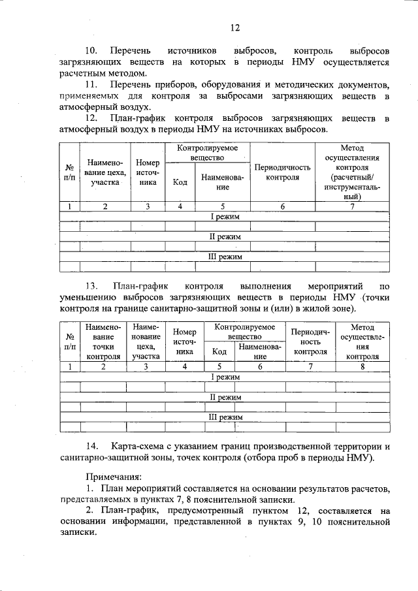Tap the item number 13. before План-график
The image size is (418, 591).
tap(92, 285)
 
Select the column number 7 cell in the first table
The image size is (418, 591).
tap(352, 207)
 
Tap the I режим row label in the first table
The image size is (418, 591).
tap(225, 216)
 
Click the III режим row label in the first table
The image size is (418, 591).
tap(225, 257)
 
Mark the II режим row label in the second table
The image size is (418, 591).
tap(225, 396)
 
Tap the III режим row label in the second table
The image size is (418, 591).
tap(225, 417)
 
